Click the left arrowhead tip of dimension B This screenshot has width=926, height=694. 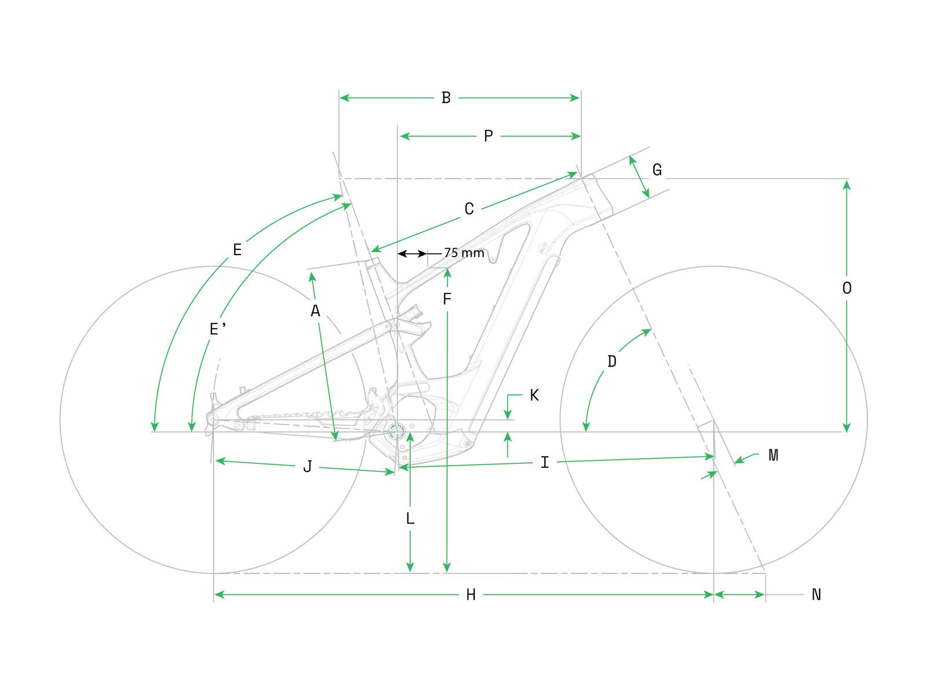coord(340,98)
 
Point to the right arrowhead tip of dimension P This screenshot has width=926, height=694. coord(580,136)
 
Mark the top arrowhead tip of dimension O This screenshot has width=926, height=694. coord(846,180)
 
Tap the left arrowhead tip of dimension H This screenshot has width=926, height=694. coord(215,595)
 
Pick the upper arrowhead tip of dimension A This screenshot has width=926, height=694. coord(311,272)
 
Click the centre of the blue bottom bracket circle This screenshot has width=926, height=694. coord(396,431)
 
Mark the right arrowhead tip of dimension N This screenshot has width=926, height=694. coord(765,595)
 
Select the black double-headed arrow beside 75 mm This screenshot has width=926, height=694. coord(412,254)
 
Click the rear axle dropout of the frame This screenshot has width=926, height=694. coord(212,419)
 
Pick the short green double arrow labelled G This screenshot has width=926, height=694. coord(639,177)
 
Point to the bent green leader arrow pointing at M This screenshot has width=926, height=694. coord(747,458)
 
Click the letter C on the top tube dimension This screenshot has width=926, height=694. coord(469,209)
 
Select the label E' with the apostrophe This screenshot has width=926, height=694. coord(218,328)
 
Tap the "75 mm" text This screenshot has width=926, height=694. coord(464,253)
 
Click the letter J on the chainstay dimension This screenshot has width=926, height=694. coord(308,467)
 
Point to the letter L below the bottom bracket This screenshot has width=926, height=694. coord(410,518)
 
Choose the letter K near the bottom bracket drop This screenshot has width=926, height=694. coord(534,395)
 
